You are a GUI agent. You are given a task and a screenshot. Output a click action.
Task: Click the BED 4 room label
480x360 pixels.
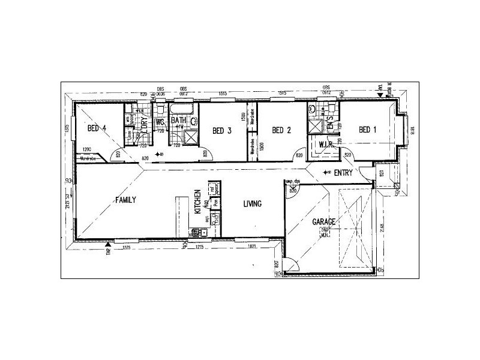pyautogui.click(x=97, y=128)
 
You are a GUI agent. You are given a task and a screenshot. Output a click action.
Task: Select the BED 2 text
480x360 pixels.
pyautogui.click(x=281, y=130)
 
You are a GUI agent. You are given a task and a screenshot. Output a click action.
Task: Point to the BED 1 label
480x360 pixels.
pyautogui.click(x=368, y=130)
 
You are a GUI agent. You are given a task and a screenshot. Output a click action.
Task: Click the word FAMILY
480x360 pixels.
pyautogui.click(x=127, y=200)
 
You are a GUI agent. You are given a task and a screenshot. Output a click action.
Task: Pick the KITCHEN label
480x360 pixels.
pyautogui.click(x=197, y=202)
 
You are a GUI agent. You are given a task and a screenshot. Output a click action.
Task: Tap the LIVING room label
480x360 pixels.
pyautogui.click(x=252, y=204)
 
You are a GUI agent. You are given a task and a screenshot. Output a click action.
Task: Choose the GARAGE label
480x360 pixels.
pyautogui.click(x=323, y=221)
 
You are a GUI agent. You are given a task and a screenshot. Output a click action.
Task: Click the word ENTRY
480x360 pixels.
pyautogui.click(x=344, y=173)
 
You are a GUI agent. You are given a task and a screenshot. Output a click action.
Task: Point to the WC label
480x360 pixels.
pyautogui.click(x=160, y=122)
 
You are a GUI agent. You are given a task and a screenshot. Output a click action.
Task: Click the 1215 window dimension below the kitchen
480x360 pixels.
pyautogui.click(x=200, y=247)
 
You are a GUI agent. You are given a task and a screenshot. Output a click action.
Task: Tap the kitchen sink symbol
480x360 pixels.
pyautogui.click(x=196, y=232)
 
